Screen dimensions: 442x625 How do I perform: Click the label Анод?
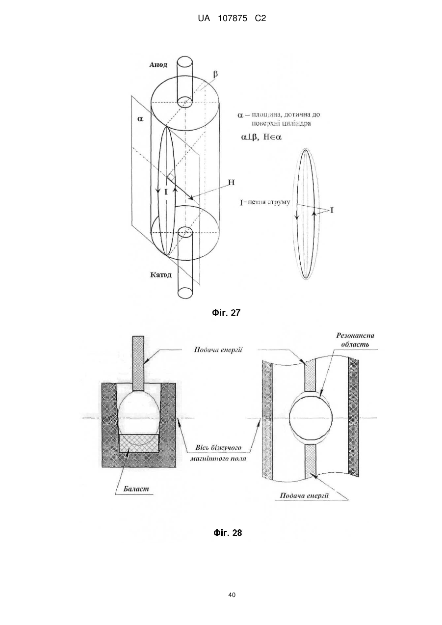pos(158,65)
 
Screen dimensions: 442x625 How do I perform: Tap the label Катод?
pos(161,275)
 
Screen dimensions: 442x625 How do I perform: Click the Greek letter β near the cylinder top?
pos(215,75)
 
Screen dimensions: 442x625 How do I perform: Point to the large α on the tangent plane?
pos(140,119)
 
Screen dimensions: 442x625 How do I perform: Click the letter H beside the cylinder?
pos(232,183)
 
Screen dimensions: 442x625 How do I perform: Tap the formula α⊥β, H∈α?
pos(261,137)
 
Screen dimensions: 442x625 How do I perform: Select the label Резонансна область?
pos(355,340)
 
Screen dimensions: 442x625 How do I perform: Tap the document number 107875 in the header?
pos(233,19)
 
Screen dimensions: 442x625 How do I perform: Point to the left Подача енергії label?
pos(218,350)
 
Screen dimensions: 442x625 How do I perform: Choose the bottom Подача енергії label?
pos(304,495)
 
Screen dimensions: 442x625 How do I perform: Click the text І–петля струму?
pos(264,202)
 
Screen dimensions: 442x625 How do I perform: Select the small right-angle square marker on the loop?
pos(170,177)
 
